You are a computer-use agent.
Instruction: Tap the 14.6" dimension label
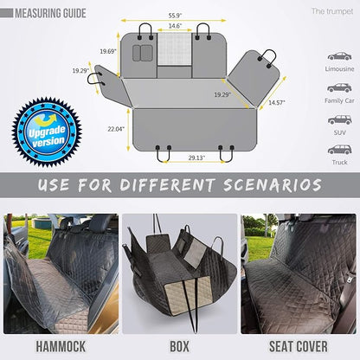tap(176, 27)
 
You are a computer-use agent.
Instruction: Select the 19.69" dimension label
tap(108, 52)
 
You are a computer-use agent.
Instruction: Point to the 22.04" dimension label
tap(116, 128)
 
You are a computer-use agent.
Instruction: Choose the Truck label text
tap(339, 162)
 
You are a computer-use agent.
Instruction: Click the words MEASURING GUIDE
tap(51, 13)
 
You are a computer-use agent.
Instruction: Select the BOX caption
tap(178, 345)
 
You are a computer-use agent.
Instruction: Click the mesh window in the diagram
tap(176, 48)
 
